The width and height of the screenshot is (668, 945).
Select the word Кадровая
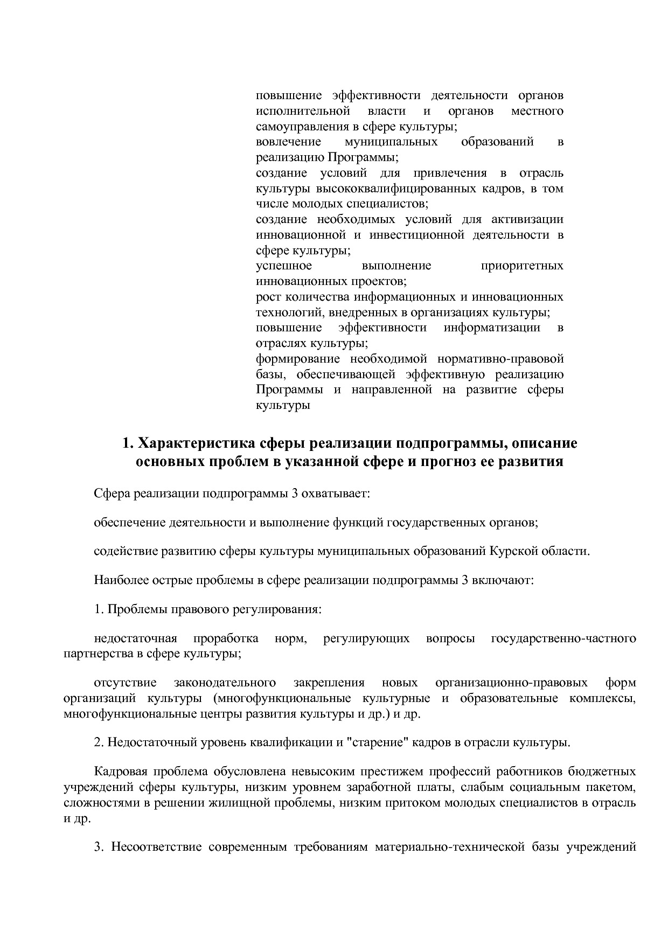120,772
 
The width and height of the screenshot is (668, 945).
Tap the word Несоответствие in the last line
156,847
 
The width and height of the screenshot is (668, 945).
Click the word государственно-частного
563,639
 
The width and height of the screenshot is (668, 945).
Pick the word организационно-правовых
511,683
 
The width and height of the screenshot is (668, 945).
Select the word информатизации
491,328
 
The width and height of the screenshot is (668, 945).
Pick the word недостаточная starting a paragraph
135,639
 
